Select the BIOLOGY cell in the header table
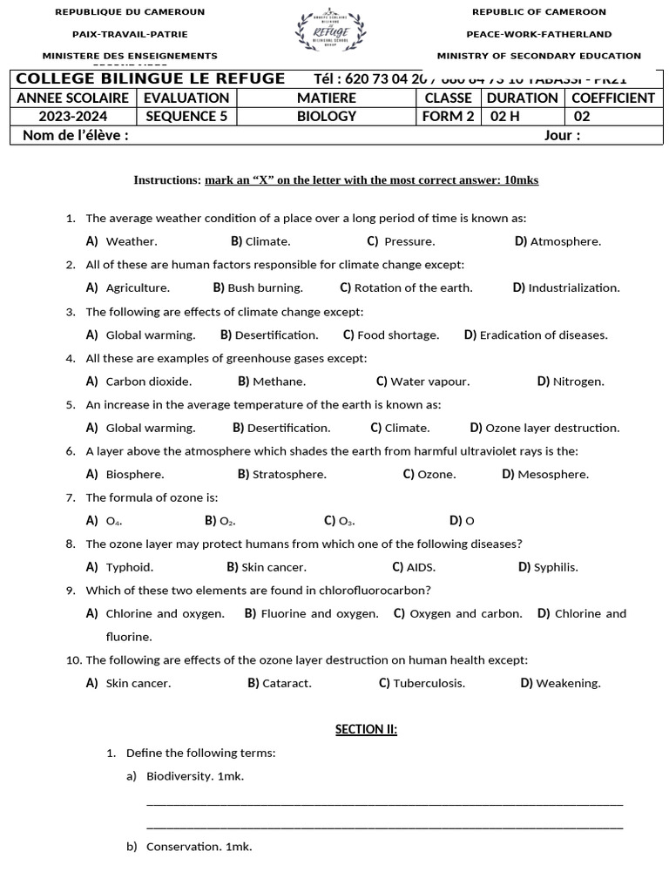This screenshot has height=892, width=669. pos(327,116)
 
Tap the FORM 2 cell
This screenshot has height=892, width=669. pos(448,116)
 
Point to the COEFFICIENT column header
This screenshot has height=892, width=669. pos(612,98)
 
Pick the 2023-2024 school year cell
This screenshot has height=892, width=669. pos(73,116)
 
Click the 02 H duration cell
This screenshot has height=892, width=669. pos(510,116)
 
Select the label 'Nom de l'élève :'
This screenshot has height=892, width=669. pos(76,135)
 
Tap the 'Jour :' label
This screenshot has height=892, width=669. pos(562,135)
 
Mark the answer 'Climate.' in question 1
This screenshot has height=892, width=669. pos(267,241)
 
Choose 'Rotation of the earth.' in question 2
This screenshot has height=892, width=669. pos(413,287)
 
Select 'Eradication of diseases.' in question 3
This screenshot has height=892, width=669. pos(543,334)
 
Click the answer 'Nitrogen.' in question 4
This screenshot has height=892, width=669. pos(578,381)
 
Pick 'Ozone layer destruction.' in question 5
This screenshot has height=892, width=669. pos(551,428)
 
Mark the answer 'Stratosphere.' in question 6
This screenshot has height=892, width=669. pos(288,474)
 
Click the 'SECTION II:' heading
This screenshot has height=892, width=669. pos(366,729)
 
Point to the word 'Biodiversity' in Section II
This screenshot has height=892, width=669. pos(179,775)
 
